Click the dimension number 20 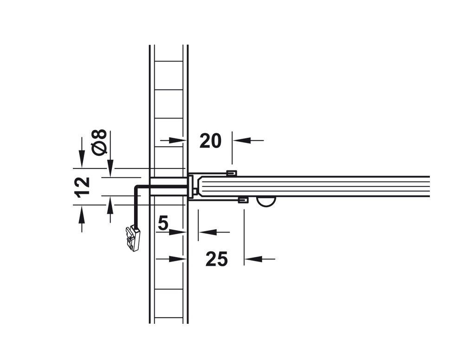210,141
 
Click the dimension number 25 216,259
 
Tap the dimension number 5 163,224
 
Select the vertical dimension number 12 83,187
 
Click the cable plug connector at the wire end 133,238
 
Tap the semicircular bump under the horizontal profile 266,201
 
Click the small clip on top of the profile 232,174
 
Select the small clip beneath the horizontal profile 243,199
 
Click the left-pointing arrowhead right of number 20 242,140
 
